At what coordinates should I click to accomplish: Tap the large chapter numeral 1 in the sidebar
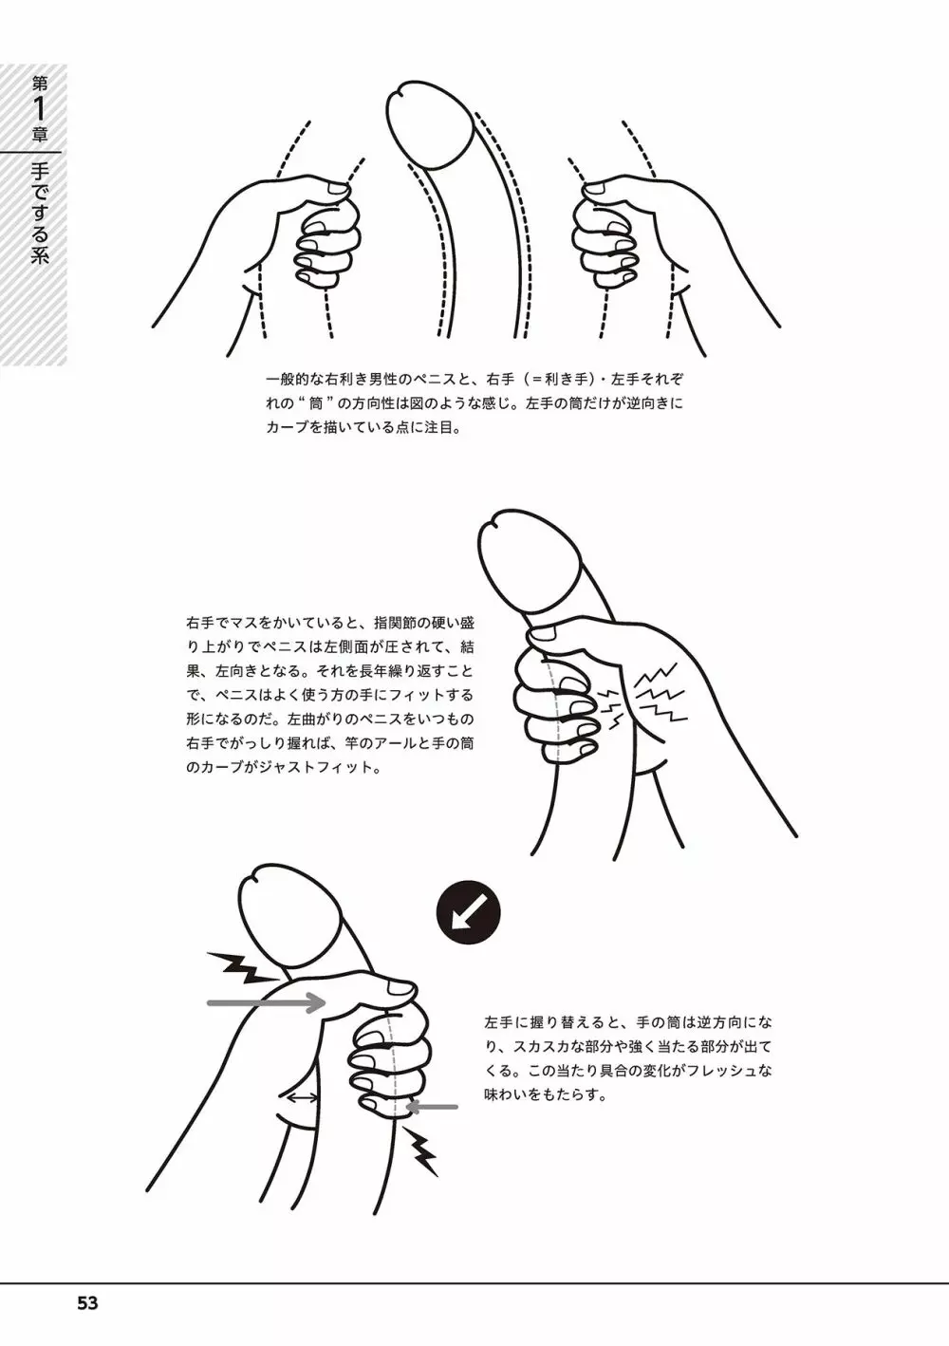click(40, 109)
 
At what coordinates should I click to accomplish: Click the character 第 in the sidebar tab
click(40, 83)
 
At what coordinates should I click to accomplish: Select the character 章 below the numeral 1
click(40, 135)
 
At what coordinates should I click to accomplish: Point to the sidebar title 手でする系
click(40, 214)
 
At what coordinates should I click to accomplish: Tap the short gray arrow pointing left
click(431, 1106)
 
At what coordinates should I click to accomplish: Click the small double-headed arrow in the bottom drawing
click(303, 1098)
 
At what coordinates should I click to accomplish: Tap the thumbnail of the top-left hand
click(337, 189)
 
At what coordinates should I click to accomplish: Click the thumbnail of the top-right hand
click(596, 189)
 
